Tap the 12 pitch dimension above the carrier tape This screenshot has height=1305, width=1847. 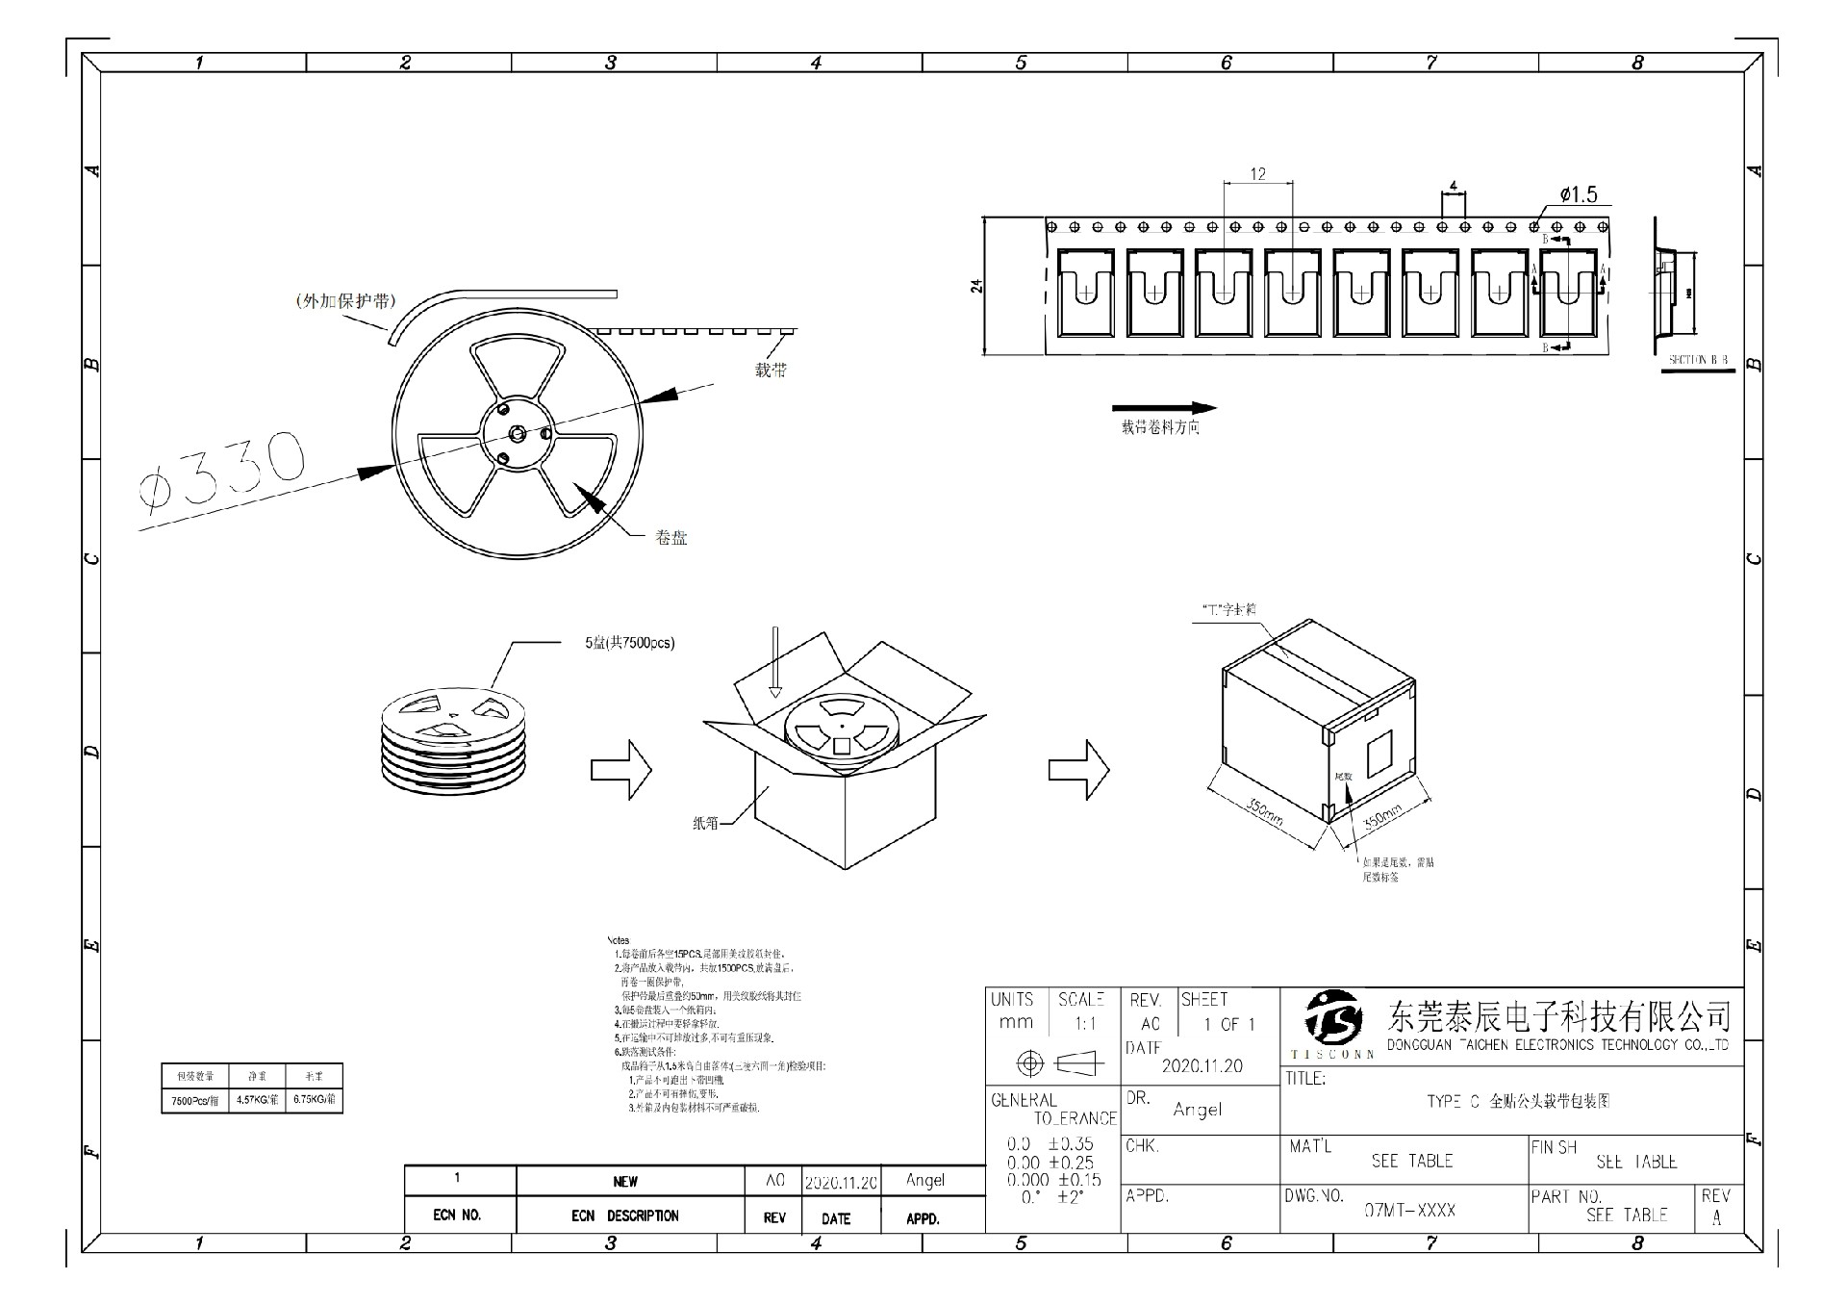tap(1257, 174)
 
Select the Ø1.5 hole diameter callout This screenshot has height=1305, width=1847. tap(1578, 195)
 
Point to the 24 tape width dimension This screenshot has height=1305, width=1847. tap(977, 286)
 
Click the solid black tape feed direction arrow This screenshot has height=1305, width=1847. tap(1164, 408)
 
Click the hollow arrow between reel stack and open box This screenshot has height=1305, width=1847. tap(620, 769)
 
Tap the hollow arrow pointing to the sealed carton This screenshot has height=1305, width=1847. tap(1078, 769)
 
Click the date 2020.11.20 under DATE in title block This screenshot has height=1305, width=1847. tap(1202, 1065)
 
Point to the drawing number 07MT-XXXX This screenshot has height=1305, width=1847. tap(1409, 1210)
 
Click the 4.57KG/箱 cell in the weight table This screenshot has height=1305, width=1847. tap(257, 1099)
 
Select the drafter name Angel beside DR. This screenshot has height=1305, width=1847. tap(1197, 1110)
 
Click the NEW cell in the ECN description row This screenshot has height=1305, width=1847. tap(625, 1181)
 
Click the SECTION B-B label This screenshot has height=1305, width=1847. tap(1698, 360)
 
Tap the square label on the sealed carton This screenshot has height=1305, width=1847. tap(1379, 751)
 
